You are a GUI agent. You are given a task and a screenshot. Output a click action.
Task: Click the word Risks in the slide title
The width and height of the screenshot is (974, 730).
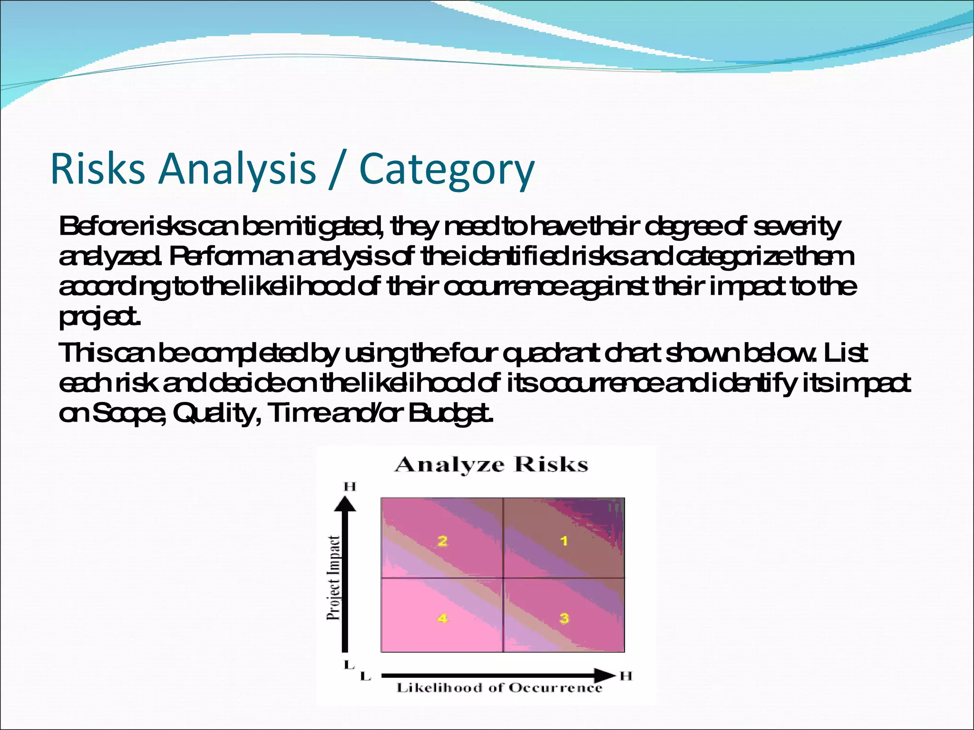[97, 169]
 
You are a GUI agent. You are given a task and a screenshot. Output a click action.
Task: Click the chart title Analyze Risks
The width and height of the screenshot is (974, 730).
[491, 464]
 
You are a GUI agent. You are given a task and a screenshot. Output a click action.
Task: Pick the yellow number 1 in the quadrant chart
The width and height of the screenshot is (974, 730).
[564, 541]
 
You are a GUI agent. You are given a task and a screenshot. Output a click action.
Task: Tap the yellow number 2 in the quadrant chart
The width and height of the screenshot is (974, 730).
[442, 541]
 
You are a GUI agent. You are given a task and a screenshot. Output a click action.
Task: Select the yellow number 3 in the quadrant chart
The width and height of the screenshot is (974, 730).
[564, 618]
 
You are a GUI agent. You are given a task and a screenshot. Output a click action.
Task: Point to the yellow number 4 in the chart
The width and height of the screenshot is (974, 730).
[442, 618]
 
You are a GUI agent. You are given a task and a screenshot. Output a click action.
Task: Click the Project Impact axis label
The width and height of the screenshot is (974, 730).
[334, 577]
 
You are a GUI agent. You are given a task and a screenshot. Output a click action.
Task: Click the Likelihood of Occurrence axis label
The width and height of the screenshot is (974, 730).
[499, 688]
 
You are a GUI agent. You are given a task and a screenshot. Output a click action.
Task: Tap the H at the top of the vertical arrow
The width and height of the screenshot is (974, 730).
[350, 486]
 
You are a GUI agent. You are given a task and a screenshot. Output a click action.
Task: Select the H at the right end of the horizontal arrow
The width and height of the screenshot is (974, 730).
[626, 675]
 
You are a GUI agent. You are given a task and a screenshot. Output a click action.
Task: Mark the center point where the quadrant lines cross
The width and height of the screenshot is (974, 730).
[503, 578]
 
